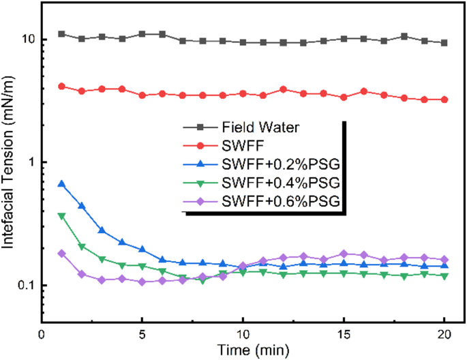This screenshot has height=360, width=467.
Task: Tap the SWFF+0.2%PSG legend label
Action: pyautogui.click(x=280, y=164)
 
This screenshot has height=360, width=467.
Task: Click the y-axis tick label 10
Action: pyautogui.click(x=29, y=40)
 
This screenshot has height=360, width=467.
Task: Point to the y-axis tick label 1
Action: pyautogui.click(x=33, y=162)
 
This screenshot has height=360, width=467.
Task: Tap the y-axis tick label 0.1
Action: pyautogui.click(x=27, y=285)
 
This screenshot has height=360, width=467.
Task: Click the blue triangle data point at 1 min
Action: pyautogui.click(x=62, y=184)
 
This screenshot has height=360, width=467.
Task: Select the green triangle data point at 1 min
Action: pyautogui.click(x=62, y=215)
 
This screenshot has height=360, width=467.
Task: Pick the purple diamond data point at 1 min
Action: pyautogui.click(x=62, y=253)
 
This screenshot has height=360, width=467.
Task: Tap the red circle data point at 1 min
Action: pyautogui.click(x=62, y=87)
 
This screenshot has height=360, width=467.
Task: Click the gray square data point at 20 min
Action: pyautogui.click(x=445, y=43)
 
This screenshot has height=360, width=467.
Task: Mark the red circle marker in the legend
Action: pyautogui.click(x=198, y=145)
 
